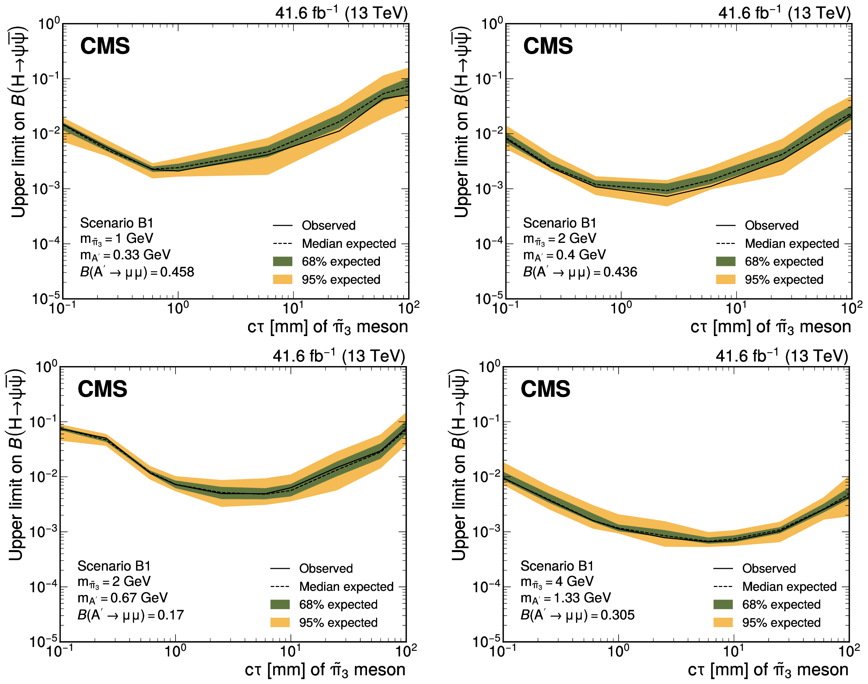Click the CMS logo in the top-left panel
(x=105, y=46)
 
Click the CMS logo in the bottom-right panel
(x=545, y=389)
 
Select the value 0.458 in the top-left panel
(x=177, y=272)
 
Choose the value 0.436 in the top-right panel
(x=620, y=272)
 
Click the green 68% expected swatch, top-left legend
(x=283, y=261)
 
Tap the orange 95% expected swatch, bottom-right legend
(x=723, y=623)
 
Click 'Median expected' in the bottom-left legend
(x=346, y=587)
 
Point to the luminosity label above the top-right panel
(x=784, y=13)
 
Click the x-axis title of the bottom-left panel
(x=325, y=670)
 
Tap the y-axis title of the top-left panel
(x=18, y=122)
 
